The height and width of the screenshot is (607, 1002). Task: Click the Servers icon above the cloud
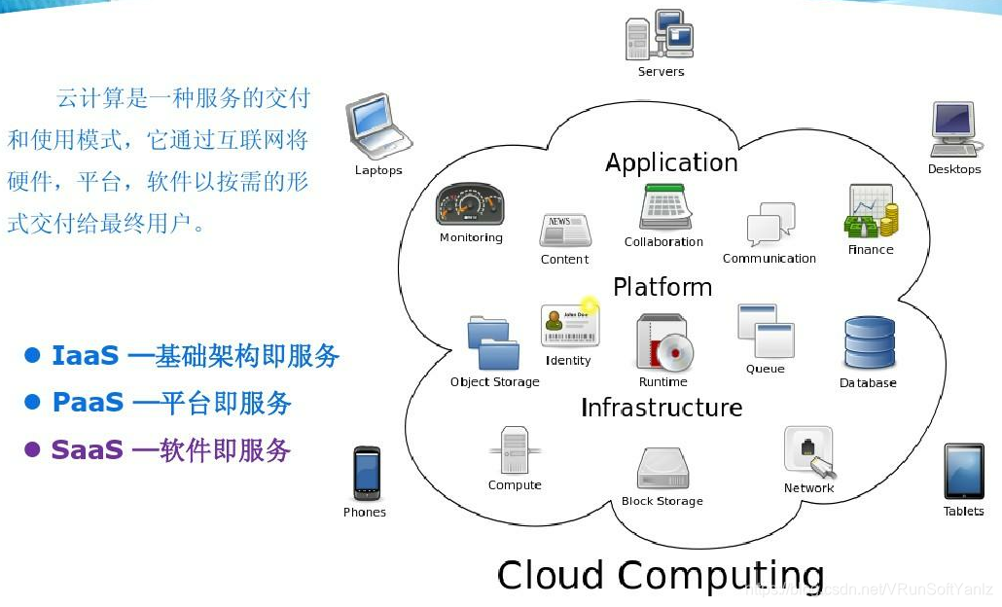[x=661, y=35]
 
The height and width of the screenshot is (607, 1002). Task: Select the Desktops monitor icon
[x=953, y=128]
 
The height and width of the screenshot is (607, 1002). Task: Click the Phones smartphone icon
[x=366, y=474]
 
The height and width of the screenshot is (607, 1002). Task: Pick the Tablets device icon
[x=963, y=472]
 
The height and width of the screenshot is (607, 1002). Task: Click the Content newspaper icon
[x=564, y=232]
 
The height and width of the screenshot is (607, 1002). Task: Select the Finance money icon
[x=870, y=212]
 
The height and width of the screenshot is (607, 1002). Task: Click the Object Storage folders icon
[x=493, y=343]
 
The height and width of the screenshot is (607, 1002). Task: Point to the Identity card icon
[x=570, y=326]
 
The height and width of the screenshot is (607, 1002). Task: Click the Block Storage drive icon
[x=662, y=469]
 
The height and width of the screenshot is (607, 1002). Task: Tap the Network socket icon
[x=809, y=452]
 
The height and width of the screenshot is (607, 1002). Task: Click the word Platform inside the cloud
[x=662, y=287]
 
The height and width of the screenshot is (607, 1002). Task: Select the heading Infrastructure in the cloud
[x=662, y=408]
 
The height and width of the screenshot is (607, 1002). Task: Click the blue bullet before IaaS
[x=33, y=355]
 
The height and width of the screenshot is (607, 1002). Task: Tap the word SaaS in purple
[x=87, y=450]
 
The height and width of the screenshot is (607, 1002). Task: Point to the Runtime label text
[x=663, y=382]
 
